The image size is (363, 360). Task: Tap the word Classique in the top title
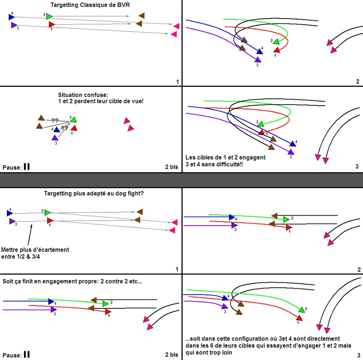pos(93,5)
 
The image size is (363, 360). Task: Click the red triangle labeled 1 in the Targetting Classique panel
pos(52,25)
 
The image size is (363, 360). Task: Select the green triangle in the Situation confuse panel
pos(73,119)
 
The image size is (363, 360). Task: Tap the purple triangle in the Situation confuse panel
pos(55,138)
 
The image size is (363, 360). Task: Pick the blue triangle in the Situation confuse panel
pos(57,130)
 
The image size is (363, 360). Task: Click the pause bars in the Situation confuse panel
pos(27,167)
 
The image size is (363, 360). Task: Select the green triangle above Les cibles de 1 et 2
pos(261,124)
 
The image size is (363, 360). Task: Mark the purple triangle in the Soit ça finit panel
pos(54,310)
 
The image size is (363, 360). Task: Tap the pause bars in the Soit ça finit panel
pos(27,354)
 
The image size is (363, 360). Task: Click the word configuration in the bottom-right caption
pos(242,339)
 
